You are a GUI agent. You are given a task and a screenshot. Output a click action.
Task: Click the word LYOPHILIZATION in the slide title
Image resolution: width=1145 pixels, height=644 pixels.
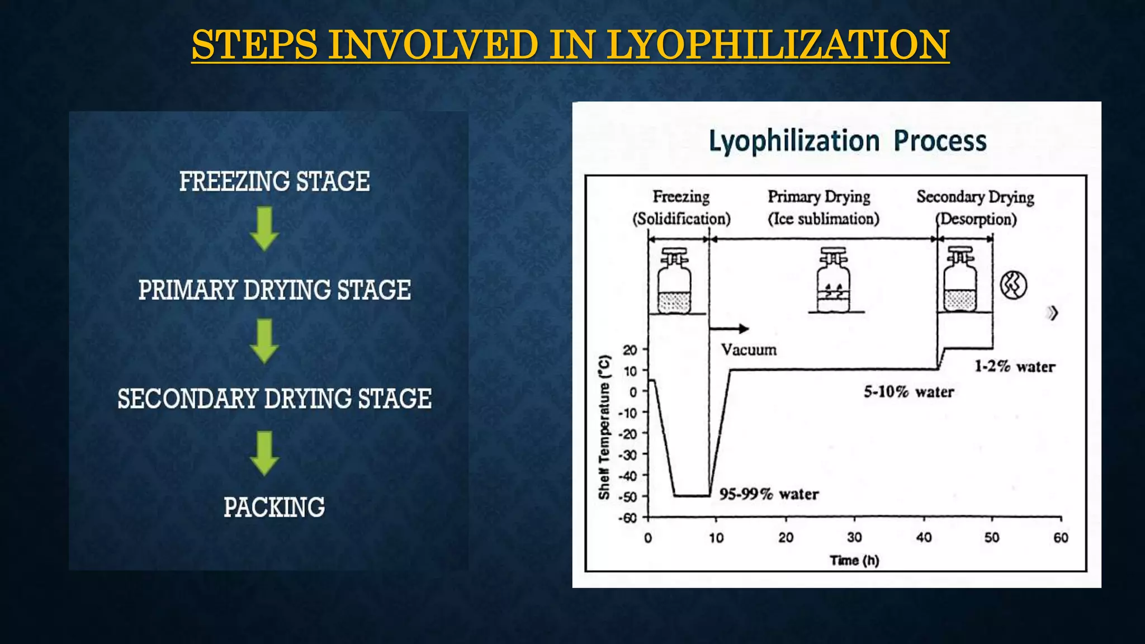point(778,45)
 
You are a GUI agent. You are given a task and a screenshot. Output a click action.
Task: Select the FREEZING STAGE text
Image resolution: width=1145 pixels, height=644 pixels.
point(274,182)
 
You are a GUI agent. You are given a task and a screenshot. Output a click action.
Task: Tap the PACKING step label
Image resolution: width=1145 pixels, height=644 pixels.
point(274,508)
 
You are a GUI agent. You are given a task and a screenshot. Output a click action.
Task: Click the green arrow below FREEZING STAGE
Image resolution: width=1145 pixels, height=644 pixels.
point(264,228)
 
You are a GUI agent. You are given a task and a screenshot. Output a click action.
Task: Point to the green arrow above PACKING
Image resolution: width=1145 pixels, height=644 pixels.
point(264,453)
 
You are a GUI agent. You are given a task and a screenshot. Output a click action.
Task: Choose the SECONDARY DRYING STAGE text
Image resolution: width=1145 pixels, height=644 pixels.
point(274,399)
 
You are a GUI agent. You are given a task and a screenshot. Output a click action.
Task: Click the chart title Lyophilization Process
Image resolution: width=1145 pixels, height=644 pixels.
point(848,141)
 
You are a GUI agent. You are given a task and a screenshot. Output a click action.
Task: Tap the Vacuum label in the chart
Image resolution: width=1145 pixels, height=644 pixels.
point(749,350)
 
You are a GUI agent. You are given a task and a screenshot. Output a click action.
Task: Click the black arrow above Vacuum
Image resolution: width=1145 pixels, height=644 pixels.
point(730,329)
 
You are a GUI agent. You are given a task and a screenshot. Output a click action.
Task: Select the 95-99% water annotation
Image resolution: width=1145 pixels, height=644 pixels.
point(769,494)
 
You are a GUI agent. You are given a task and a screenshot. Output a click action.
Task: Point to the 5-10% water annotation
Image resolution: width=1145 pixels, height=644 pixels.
point(909,392)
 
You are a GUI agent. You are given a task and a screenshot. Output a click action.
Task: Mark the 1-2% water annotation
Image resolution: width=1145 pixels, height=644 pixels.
point(1015,367)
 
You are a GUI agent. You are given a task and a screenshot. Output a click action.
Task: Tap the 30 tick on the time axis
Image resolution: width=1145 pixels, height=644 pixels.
point(854,538)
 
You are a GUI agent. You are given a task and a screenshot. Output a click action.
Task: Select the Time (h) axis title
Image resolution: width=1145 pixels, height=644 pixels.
point(854,560)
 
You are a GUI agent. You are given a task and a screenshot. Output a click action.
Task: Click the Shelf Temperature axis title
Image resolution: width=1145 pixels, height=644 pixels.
point(604,427)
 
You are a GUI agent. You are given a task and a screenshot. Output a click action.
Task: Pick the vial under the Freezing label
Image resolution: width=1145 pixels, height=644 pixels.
point(674,281)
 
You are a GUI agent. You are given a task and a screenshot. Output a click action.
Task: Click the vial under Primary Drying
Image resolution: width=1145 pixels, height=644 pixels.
point(833,281)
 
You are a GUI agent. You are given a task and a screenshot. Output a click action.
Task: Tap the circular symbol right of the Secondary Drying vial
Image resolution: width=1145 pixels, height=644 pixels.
point(1013,285)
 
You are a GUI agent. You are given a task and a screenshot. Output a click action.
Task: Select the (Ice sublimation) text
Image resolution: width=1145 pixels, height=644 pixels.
point(823,219)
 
